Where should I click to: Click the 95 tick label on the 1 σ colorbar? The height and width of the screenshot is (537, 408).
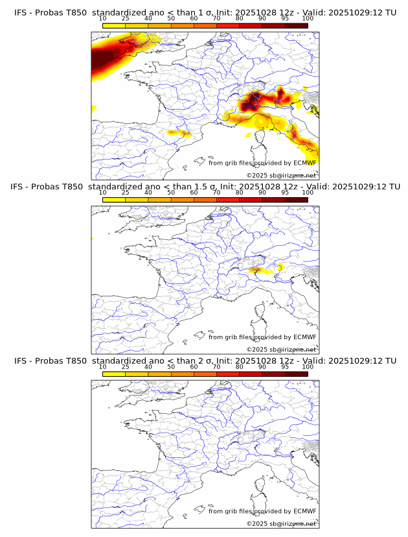285,19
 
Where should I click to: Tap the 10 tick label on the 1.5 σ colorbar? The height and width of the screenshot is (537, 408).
103,193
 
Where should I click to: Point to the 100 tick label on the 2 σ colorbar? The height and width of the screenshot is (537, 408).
308,367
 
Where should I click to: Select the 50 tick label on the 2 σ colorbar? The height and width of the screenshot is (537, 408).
171,367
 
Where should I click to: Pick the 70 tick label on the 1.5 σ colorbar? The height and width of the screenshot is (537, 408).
216,193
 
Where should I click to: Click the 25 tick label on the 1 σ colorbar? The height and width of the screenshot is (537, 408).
126,19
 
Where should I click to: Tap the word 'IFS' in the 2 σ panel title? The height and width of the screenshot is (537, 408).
22,361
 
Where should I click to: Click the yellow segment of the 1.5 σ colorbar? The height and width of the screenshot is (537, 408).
114,200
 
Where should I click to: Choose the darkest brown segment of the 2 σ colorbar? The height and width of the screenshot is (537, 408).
296,374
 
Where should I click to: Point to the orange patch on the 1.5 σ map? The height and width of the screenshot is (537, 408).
255,268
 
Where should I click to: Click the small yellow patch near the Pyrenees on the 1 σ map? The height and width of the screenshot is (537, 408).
179,133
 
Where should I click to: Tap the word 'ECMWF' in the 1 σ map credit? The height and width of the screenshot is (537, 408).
304,163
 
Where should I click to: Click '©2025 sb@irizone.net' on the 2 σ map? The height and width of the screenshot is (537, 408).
281,523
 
